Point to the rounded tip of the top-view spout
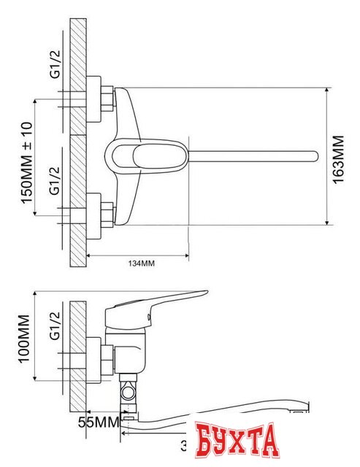click(x=314, y=155)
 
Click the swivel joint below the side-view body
click(x=130, y=394)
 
